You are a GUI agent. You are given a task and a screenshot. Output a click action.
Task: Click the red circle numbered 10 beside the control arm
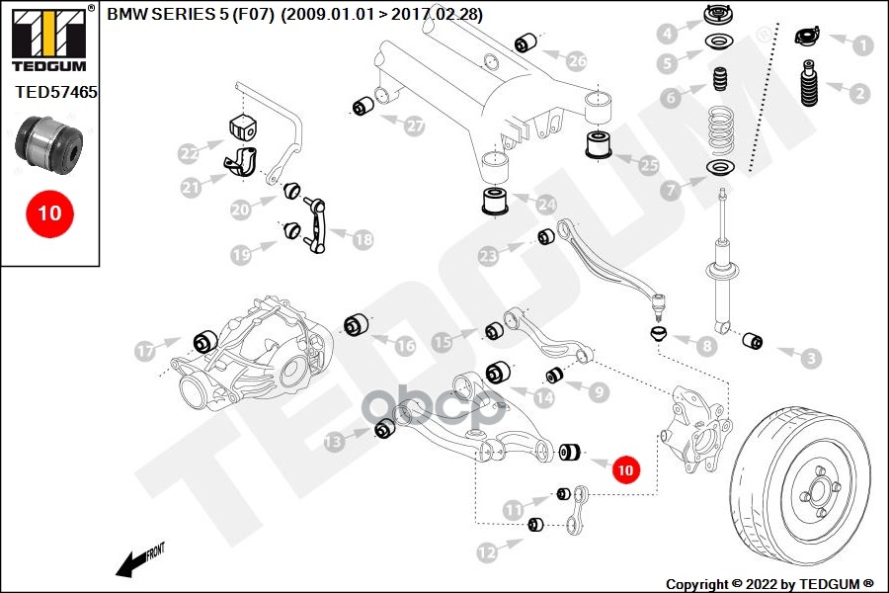pyautogui.click(x=624, y=469)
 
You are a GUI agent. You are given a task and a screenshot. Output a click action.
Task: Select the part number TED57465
pyautogui.click(x=56, y=92)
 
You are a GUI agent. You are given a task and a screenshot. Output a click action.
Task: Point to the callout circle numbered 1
pyautogui.click(x=863, y=44)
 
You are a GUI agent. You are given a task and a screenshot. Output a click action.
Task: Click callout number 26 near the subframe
pyautogui.click(x=577, y=61)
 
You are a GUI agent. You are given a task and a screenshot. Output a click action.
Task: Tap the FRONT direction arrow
pyautogui.click(x=138, y=560)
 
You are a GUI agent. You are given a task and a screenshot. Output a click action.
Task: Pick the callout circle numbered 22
pyautogui.click(x=189, y=153)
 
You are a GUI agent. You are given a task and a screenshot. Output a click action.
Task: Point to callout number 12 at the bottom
pyautogui.click(x=485, y=553)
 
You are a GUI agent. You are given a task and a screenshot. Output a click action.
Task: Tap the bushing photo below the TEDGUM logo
pyautogui.click(x=48, y=143)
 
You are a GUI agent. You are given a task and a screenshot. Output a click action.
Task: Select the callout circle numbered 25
pyautogui.click(x=649, y=166)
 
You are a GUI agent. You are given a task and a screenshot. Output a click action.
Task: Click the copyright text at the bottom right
pyautogui.click(x=769, y=583)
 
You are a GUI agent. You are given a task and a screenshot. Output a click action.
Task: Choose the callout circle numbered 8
pyautogui.click(x=706, y=346)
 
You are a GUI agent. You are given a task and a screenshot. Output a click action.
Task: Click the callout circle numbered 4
pyautogui.click(x=668, y=34)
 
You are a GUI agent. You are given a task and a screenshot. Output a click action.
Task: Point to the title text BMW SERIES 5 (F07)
pyautogui.click(x=217, y=14)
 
